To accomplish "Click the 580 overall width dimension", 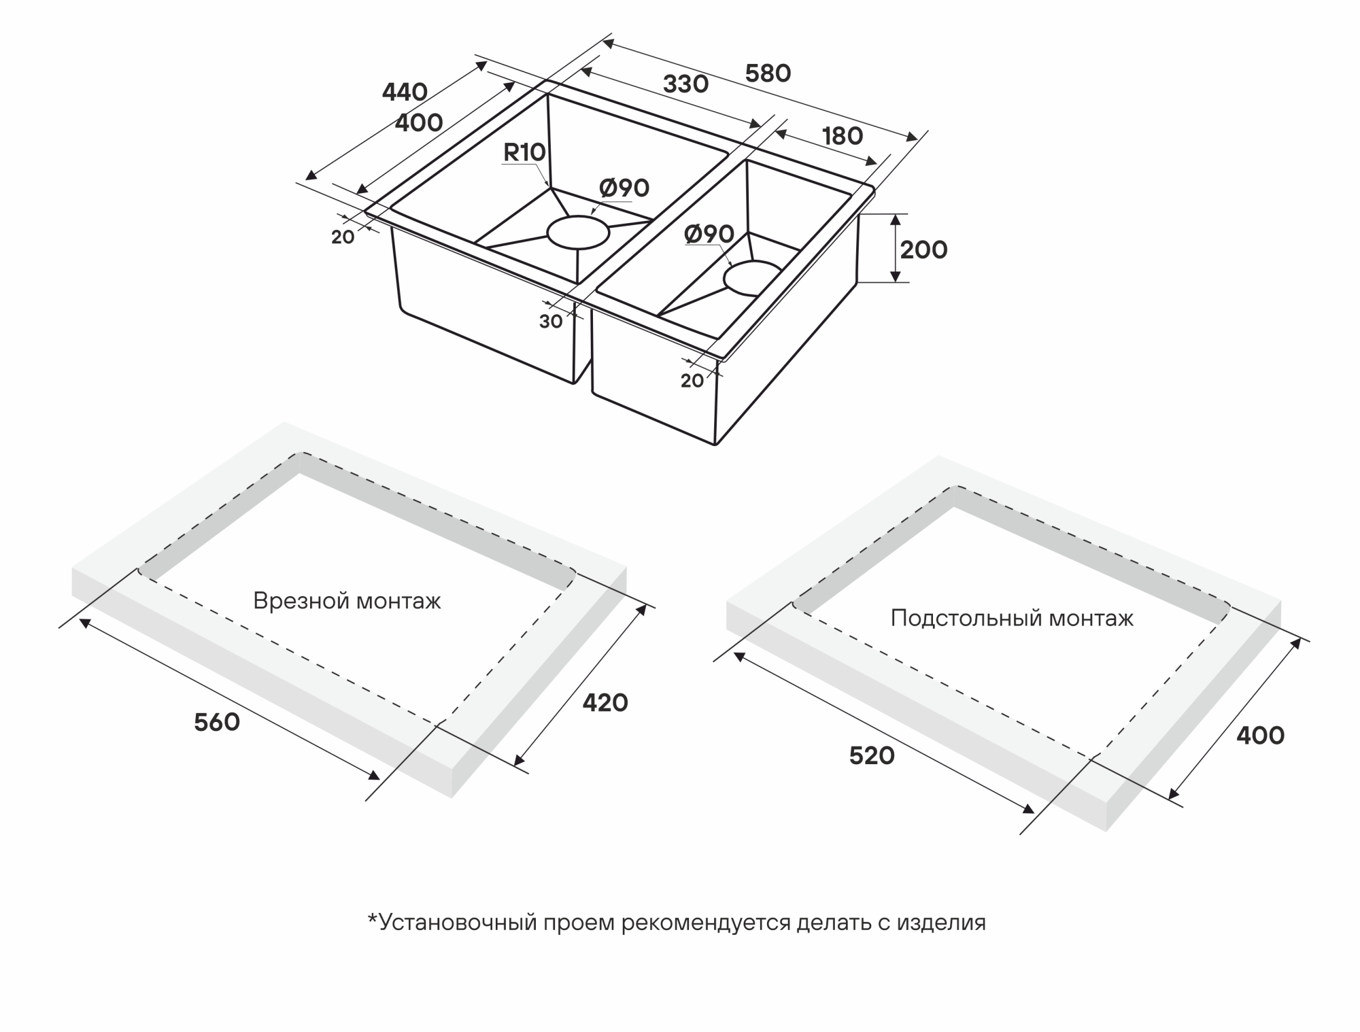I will (768, 73).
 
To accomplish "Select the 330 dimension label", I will (685, 84).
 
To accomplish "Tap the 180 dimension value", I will (843, 137).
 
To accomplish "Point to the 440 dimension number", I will (405, 92).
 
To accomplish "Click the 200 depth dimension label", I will (923, 250).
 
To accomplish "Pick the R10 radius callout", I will (524, 153).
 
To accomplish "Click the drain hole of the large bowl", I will (578, 233).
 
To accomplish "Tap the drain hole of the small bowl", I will (752, 278).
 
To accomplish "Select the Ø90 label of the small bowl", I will (709, 235).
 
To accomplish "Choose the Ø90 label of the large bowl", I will (624, 188).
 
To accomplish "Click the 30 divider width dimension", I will (551, 322).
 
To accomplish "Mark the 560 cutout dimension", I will (217, 723).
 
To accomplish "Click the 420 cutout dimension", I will (605, 703).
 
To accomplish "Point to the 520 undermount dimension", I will (872, 756).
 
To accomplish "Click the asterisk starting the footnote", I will (372, 919).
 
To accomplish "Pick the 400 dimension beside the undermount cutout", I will (1260, 736).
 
